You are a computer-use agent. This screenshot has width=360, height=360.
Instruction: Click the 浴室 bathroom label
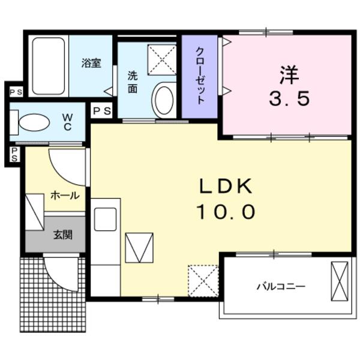[x=92, y=62]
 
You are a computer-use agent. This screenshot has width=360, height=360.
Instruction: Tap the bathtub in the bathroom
[x=49, y=66]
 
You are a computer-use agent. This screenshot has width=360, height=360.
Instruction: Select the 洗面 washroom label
[x=133, y=82]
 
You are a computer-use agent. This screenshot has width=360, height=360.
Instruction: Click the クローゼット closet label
[x=200, y=76]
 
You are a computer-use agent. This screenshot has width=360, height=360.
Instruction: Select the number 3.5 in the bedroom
[x=289, y=98]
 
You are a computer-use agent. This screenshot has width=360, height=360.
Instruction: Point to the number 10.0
[x=227, y=211]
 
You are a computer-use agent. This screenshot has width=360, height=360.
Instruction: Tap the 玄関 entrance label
[x=63, y=234]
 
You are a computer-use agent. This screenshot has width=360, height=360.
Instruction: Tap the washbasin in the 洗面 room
[x=163, y=100]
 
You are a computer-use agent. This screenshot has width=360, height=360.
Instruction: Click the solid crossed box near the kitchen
[x=139, y=248]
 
